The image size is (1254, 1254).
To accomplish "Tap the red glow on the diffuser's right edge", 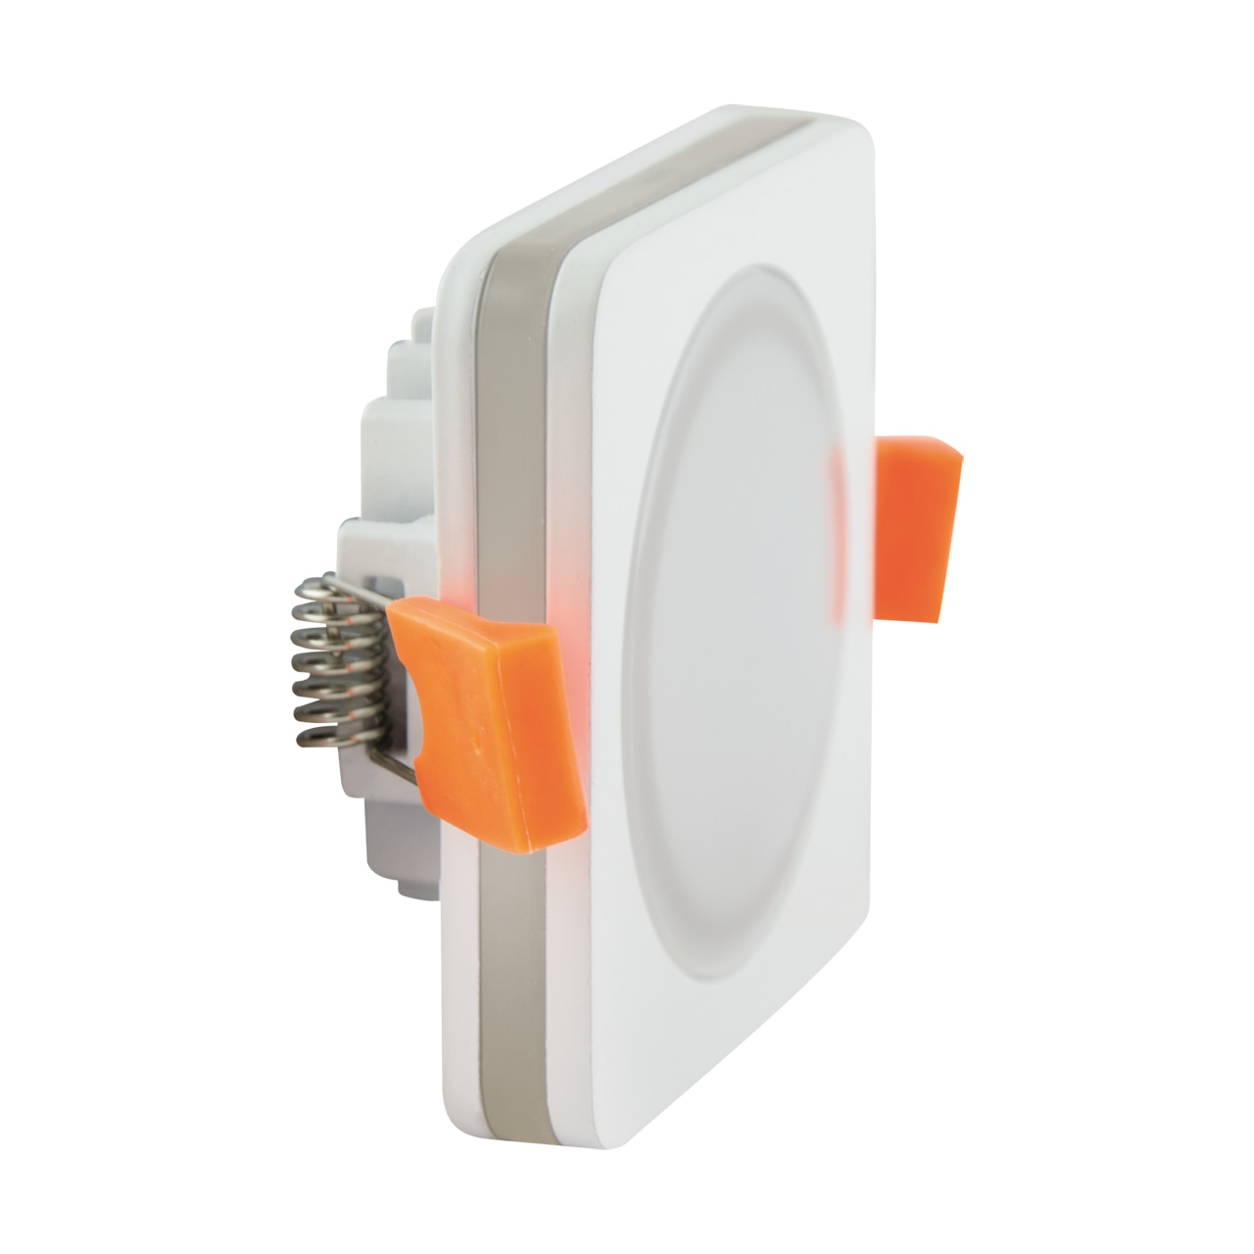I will [836, 539].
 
